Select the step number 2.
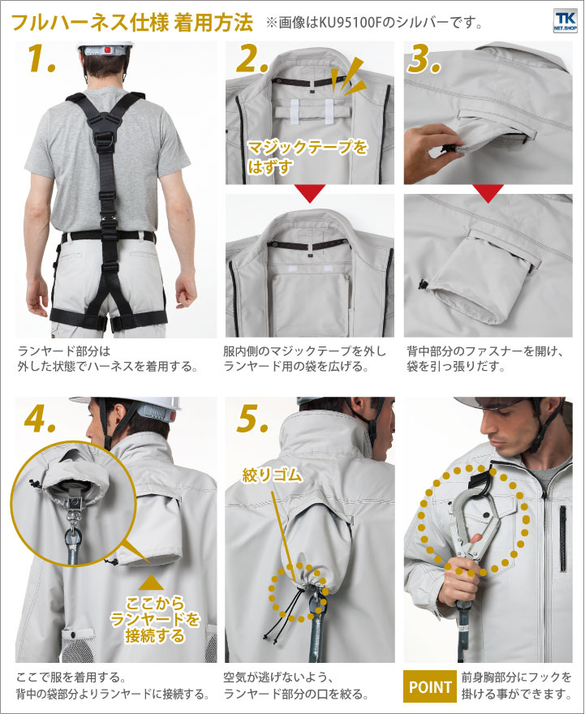coord(252,59)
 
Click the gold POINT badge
coord(429,686)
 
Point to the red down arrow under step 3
coord(488,193)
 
